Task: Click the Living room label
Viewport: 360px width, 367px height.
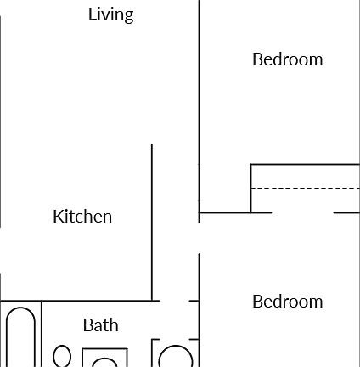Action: click(110, 14)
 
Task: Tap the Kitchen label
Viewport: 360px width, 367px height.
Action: click(82, 217)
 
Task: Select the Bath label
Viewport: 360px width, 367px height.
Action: click(100, 325)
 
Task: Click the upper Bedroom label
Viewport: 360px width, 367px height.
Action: click(287, 59)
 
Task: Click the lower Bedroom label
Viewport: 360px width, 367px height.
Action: click(287, 302)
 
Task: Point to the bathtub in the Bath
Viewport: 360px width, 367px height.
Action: click(20, 340)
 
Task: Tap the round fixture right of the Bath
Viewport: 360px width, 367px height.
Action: click(176, 357)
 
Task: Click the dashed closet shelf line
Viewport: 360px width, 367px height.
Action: click(306, 188)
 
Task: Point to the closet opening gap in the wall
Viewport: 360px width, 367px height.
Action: click(302, 212)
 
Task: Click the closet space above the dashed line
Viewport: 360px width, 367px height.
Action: click(306, 176)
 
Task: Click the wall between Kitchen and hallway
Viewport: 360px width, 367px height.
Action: click(152, 221)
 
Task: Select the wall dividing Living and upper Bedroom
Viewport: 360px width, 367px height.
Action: click(200, 85)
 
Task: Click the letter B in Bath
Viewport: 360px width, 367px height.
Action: click(87, 325)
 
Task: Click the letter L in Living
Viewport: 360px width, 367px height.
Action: click(92, 14)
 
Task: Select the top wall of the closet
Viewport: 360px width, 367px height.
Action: click(306, 164)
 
